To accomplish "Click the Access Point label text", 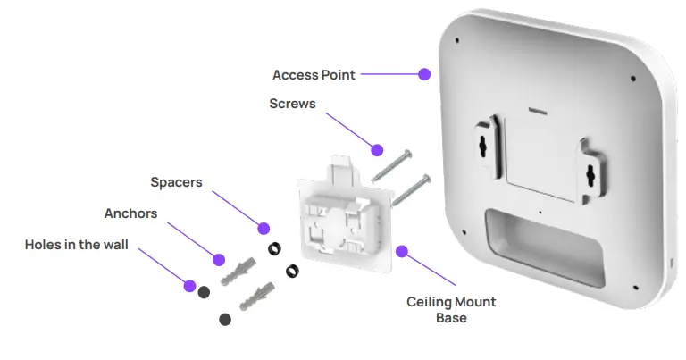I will coord(314,75).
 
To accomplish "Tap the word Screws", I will coord(292,104).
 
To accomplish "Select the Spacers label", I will coord(176,182).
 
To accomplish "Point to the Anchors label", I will coord(130,213).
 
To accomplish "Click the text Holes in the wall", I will coord(76,244).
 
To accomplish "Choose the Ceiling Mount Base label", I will coord(451,310).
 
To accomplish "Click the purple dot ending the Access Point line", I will coord(424,75).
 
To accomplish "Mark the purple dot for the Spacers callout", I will coord(263,227).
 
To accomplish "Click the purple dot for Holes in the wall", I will coord(189,286).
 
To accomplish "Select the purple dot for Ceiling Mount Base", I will coord(403,251).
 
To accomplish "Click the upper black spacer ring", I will coord(274,247).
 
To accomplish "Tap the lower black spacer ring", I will coord(292,269).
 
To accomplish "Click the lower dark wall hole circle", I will coord(224,319).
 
